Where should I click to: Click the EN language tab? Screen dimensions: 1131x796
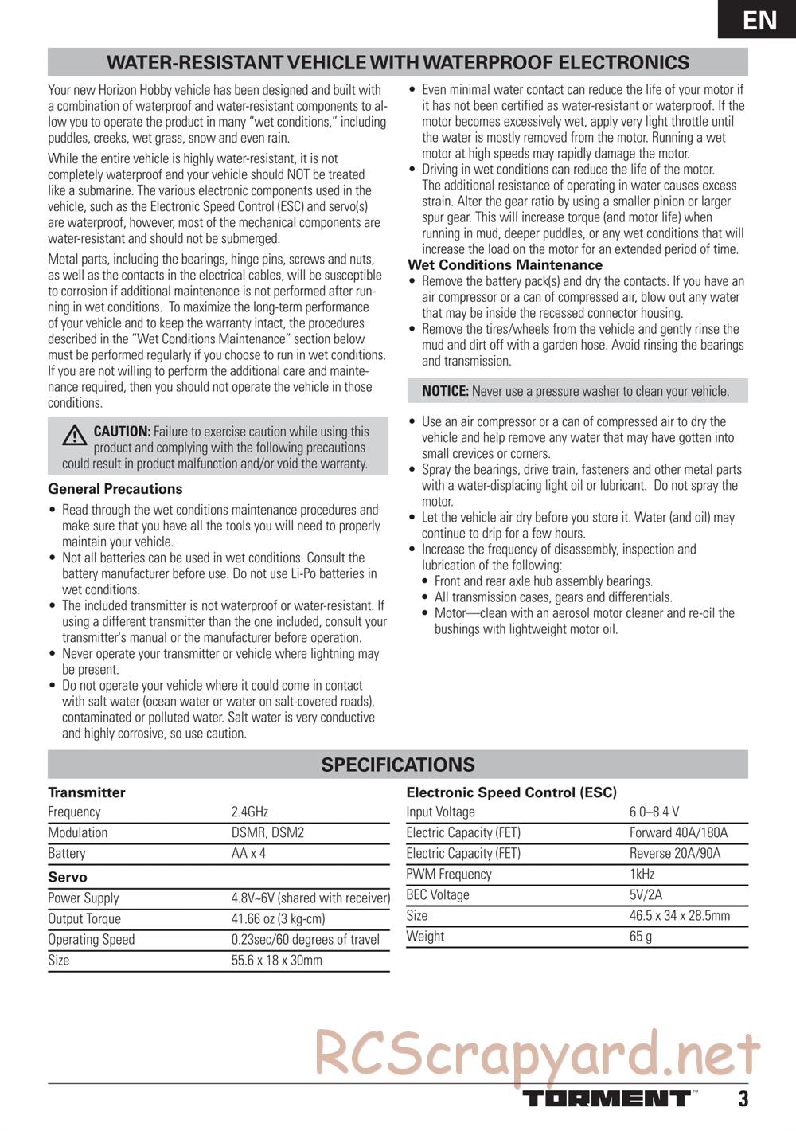(x=759, y=19)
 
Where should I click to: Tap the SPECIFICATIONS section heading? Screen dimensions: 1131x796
(x=397, y=765)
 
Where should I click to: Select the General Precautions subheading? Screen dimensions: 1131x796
(x=115, y=489)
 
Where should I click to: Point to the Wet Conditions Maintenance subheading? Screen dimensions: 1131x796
(x=505, y=265)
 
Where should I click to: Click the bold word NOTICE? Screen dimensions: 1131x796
(x=445, y=391)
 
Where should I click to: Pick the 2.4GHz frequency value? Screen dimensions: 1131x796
(x=250, y=812)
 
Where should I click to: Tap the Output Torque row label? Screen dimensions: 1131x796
(x=84, y=918)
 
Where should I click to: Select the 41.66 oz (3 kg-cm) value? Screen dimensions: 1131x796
(x=278, y=918)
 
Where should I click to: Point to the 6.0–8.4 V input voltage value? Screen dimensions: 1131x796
(x=654, y=812)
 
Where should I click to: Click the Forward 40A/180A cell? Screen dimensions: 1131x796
(x=678, y=832)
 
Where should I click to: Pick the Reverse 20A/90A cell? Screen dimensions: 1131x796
(x=675, y=853)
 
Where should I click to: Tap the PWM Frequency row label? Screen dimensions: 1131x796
(x=449, y=874)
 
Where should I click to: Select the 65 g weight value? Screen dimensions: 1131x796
(x=641, y=936)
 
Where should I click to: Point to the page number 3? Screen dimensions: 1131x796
(x=743, y=1099)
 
